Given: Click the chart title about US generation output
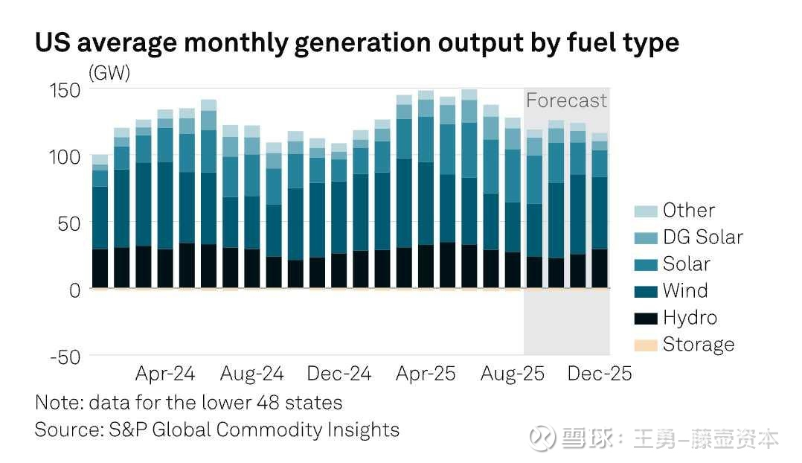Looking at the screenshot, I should [356, 42].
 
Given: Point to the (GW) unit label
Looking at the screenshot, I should [109, 73].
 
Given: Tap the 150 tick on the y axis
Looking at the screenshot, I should [64, 90].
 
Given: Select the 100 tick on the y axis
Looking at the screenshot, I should [64, 157].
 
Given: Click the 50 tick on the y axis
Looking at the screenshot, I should [68, 223].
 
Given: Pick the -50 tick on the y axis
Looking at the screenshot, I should [64, 357].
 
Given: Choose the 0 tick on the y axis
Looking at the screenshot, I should [74, 290].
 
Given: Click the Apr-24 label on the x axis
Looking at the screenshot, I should [166, 373].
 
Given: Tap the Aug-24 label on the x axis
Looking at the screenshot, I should [253, 373].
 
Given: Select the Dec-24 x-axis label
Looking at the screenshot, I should [340, 373].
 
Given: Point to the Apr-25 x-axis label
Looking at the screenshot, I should [426, 373].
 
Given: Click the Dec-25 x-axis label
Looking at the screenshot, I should [600, 373].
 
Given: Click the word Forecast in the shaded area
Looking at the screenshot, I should [567, 100].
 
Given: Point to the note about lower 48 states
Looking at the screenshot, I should [188, 403].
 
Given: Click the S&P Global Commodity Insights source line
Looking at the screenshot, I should [216, 430].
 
